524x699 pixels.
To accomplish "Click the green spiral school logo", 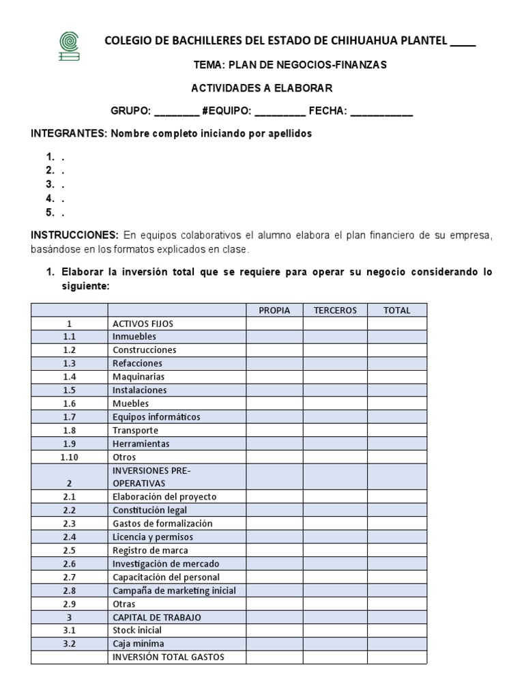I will [69, 46].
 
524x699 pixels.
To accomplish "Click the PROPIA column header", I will [274, 310].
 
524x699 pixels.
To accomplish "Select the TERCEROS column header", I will [335, 310].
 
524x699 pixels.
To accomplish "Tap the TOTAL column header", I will [397, 310].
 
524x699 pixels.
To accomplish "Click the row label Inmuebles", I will [134, 337].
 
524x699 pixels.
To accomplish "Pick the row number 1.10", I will [70, 457].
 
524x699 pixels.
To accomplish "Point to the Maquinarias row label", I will [139, 377].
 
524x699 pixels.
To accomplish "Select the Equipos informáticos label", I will [156, 417].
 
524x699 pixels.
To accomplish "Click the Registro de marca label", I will [150, 550].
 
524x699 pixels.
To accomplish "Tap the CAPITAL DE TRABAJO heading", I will [157, 617].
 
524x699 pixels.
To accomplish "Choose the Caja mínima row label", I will [139, 644].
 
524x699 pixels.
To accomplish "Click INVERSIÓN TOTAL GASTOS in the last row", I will [169, 657].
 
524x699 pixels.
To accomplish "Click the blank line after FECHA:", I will [381, 111].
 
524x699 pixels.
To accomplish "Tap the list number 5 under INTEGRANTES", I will [50, 212].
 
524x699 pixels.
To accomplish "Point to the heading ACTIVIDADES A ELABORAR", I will [261, 88].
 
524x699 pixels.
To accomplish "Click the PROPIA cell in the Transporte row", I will [274, 431].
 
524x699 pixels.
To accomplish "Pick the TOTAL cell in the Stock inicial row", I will [397, 631].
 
